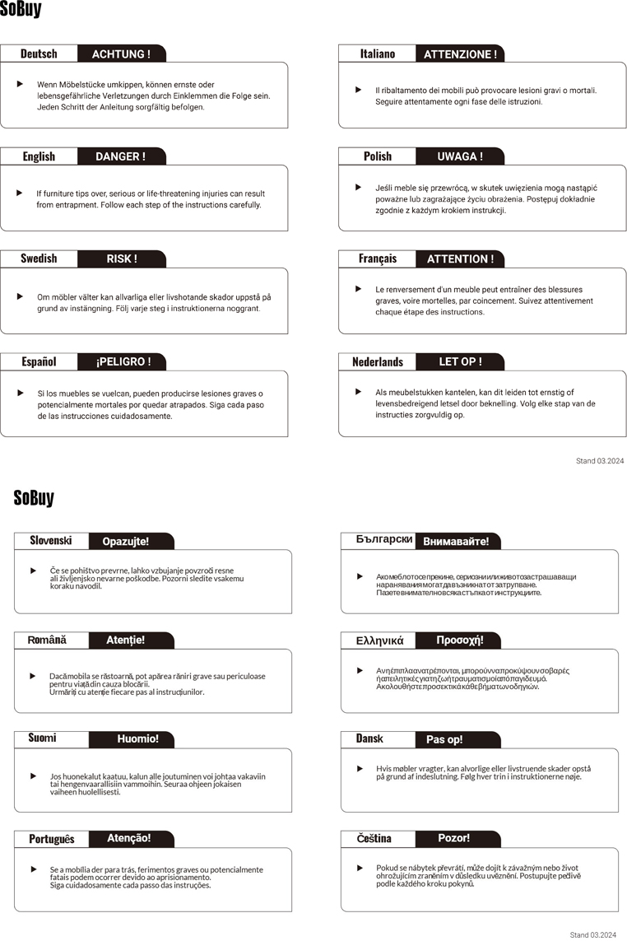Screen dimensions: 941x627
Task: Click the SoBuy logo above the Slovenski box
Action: click(34, 498)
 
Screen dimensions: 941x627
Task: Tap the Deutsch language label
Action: click(39, 54)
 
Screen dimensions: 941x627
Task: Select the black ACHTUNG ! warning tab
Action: click(121, 54)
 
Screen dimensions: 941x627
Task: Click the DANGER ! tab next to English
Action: click(120, 156)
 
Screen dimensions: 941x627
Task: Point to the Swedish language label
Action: click(39, 259)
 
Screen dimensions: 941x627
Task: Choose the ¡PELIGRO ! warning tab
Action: click(123, 361)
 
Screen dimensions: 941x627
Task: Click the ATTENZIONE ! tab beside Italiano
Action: click(460, 54)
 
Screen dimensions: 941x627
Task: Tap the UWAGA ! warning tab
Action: click(460, 156)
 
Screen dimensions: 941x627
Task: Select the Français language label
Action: click(378, 259)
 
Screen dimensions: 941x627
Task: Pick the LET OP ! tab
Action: click(460, 361)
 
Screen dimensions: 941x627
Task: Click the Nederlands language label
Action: click(378, 361)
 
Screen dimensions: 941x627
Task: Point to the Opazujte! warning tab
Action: click(126, 541)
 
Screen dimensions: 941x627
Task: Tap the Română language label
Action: click(47, 640)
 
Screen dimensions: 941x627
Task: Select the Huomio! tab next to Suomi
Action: click(137, 738)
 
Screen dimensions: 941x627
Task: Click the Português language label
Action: click(51, 838)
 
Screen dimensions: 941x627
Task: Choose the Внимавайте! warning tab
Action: click(456, 541)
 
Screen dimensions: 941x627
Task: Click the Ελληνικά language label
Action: click(379, 640)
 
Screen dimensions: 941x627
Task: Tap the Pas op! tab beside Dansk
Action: click(444, 739)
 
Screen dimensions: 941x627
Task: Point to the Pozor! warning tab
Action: click(454, 838)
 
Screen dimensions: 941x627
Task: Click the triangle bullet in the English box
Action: click(20, 193)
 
